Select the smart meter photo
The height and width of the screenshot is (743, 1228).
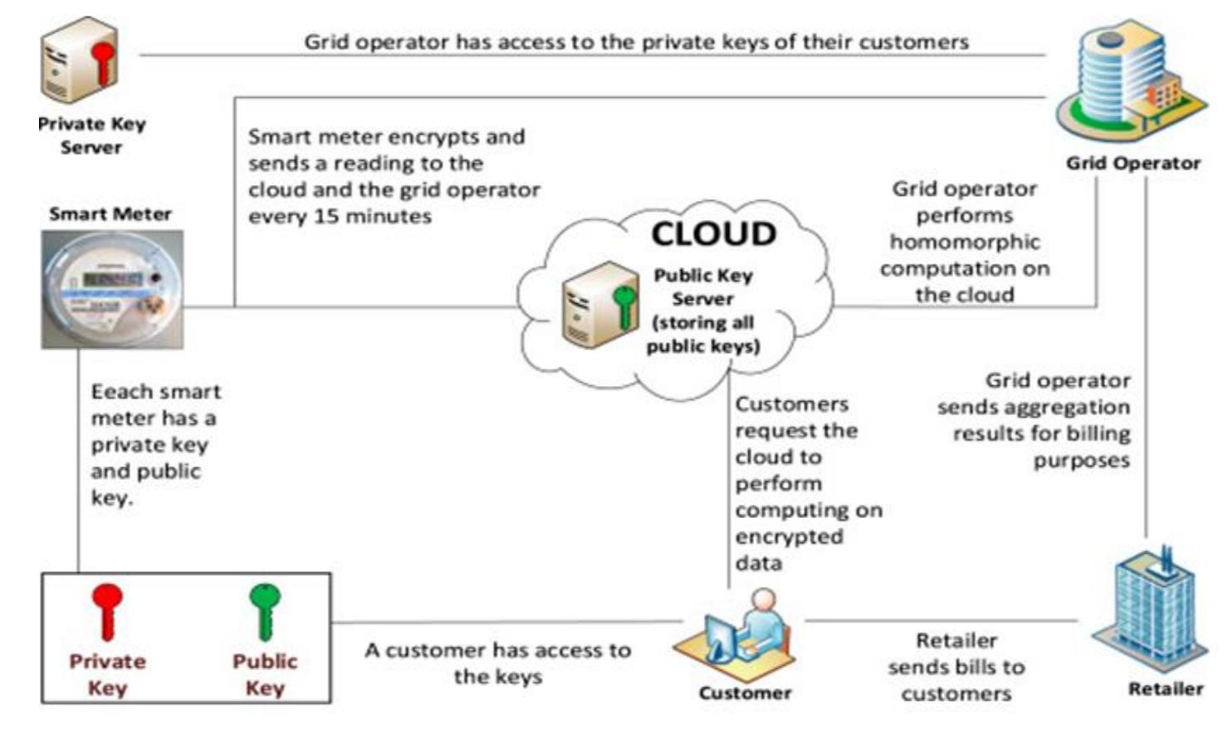(112, 289)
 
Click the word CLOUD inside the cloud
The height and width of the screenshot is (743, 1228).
(713, 234)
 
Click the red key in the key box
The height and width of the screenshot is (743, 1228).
(107, 610)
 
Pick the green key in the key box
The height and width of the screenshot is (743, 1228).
(265, 610)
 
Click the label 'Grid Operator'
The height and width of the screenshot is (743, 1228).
(1133, 164)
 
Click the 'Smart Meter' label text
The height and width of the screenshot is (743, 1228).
(110, 214)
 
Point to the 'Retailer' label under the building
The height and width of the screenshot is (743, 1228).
(1165, 689)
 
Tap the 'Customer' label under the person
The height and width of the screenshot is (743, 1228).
(745, 693)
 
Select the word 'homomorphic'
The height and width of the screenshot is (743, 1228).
(964, 242)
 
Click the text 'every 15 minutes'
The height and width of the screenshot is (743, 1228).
(340, 217)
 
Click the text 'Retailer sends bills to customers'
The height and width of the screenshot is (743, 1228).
(956, 667)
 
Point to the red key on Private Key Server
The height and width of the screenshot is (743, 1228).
(103, 63)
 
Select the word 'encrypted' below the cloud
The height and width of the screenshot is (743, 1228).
(789, 537)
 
